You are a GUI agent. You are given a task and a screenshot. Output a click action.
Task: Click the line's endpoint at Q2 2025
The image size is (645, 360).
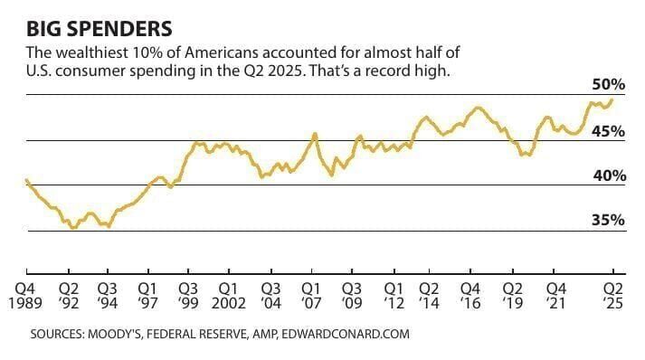tap(613, 99)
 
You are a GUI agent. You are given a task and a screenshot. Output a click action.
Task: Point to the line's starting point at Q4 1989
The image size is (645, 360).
tap(27, 181)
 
